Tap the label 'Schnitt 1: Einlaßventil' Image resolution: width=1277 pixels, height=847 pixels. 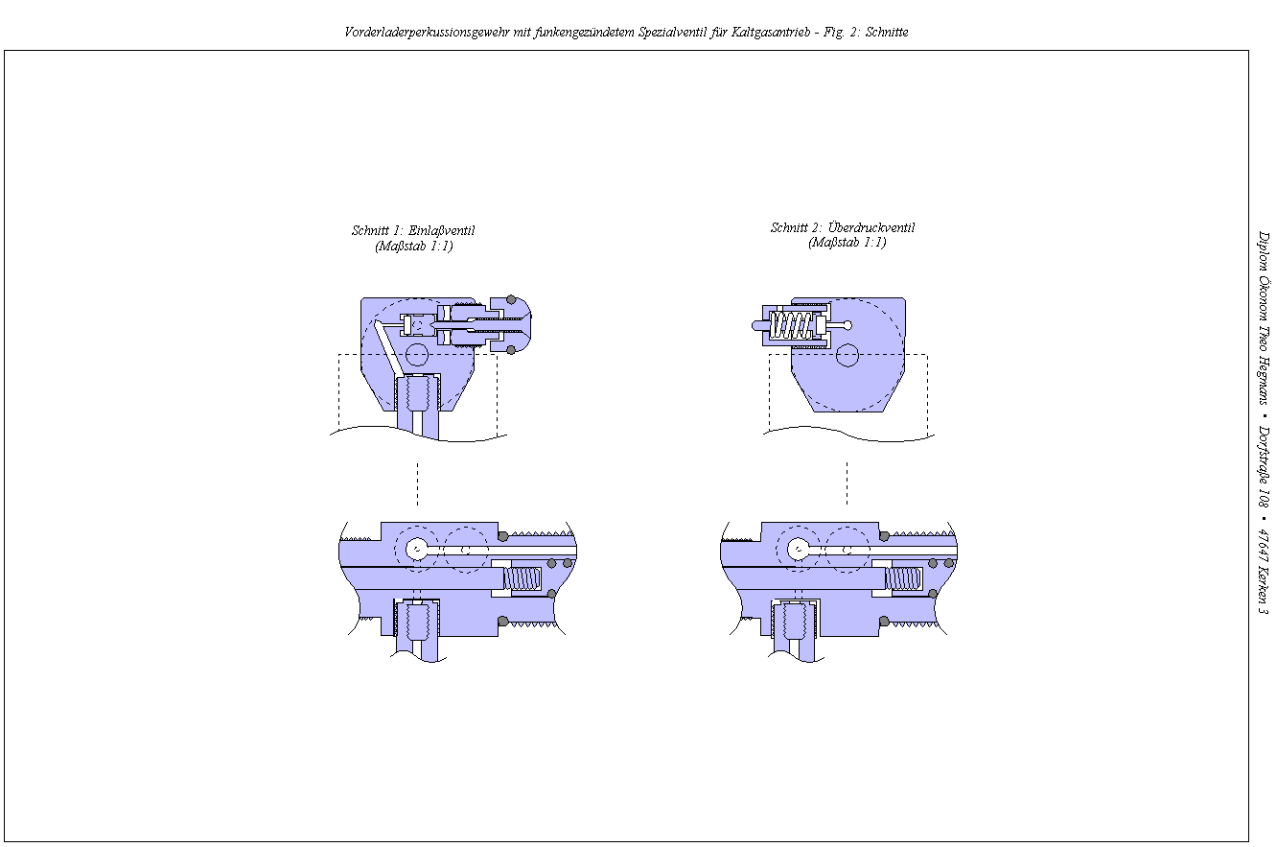pos(413,231)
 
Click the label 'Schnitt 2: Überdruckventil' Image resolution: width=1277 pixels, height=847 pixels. pos(842,228)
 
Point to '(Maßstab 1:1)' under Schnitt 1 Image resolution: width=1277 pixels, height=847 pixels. pos(413,247)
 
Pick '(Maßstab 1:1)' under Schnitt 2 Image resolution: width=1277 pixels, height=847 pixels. pos(846,243)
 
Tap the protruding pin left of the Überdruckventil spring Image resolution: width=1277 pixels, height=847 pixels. pos(758,325)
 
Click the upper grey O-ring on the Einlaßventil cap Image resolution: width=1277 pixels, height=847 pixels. pos(512,300)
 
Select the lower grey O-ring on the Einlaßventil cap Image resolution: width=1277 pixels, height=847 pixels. pos(512,348)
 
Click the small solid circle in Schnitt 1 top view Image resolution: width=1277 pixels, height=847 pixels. pos(416,355)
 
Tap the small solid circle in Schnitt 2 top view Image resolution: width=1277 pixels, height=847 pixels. pos(846,356)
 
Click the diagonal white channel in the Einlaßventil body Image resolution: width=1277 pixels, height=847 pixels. pos(387,350)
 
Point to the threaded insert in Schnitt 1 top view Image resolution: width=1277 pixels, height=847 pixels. pos(417,390)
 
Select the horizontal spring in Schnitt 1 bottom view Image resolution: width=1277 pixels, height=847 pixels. pos(523,578)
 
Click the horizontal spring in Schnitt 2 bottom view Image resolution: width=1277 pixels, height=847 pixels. pos(904,578)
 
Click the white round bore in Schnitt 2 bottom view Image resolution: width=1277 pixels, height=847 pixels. pos(798,550)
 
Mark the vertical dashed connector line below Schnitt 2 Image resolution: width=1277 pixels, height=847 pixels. pos(847,483)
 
